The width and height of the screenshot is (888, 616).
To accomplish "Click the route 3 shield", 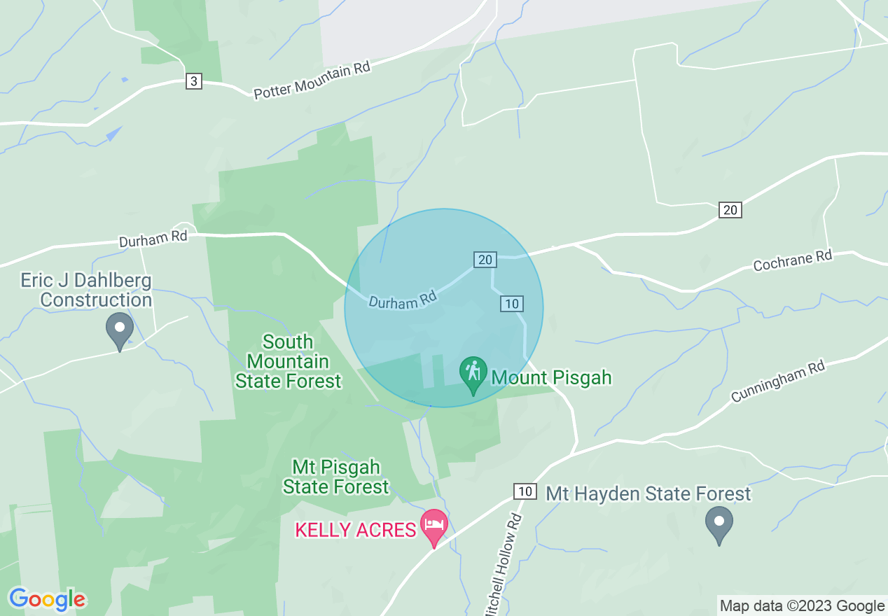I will coord(194,81).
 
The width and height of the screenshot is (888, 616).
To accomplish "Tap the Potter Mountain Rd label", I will coord(312,80).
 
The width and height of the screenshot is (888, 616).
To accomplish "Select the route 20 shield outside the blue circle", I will coord(730,209).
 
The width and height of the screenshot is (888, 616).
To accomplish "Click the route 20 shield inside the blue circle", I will coord(485,260).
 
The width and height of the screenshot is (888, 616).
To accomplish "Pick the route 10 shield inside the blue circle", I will coord(512,303).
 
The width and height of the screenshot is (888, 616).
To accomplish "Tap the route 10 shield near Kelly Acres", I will coord(525,491).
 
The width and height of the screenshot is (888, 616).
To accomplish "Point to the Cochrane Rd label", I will coord(793,261).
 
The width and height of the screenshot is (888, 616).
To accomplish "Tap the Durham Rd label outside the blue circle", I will coord(153,239).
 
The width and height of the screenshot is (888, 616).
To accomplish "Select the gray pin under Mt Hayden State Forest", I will coord(719,524).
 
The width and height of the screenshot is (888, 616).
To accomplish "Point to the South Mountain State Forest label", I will coord(288,361).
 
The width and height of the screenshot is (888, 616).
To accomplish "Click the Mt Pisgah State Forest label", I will coord(335,476).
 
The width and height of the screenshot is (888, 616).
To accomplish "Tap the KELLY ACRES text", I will coord(356,530).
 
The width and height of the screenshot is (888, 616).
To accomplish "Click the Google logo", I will coord(47,599).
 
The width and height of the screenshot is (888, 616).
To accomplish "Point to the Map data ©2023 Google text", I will coord(803,606).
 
